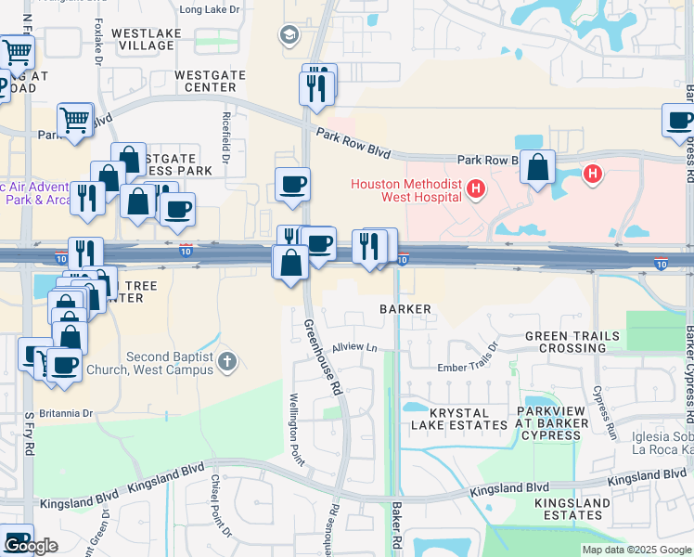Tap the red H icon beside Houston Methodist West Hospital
476,189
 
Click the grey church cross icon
228,361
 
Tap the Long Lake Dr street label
209,10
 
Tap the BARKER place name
405,308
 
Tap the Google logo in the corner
31,546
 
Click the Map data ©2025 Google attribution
636,550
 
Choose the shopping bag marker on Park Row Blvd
537,168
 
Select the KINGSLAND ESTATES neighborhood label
572,509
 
